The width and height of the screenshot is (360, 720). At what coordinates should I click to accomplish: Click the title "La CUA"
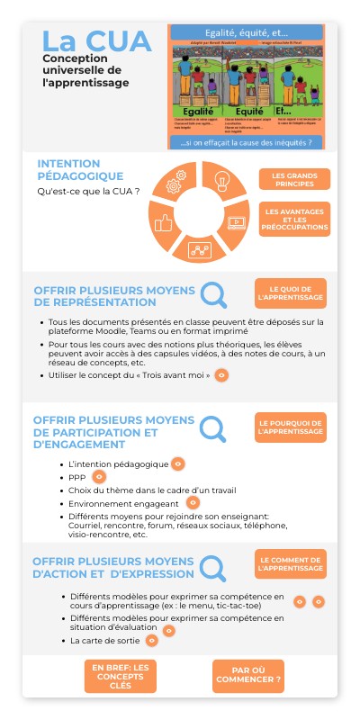point(85,41)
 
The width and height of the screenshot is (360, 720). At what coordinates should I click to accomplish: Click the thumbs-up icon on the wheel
point(164,222)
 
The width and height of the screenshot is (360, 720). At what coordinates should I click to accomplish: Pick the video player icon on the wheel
point(237,220)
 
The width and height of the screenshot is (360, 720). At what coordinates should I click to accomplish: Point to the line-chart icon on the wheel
point(199,249)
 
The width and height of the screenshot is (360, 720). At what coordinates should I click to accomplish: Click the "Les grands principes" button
point(292,179)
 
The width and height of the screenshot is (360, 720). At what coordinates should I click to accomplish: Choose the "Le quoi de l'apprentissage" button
point(290,293)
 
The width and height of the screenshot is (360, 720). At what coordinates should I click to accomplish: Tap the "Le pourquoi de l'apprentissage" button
point(290,427)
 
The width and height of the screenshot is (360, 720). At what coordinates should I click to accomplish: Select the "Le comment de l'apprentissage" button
point(290,563)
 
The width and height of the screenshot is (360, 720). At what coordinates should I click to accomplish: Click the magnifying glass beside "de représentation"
point(213,294)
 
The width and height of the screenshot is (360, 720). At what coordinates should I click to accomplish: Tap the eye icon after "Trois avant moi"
point(221,374)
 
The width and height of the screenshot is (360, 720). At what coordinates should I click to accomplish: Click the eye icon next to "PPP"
point(99,476)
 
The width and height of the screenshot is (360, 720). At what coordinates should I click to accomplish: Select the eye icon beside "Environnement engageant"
point(193,502)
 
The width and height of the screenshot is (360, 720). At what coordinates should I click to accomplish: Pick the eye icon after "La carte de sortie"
point(152,640)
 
